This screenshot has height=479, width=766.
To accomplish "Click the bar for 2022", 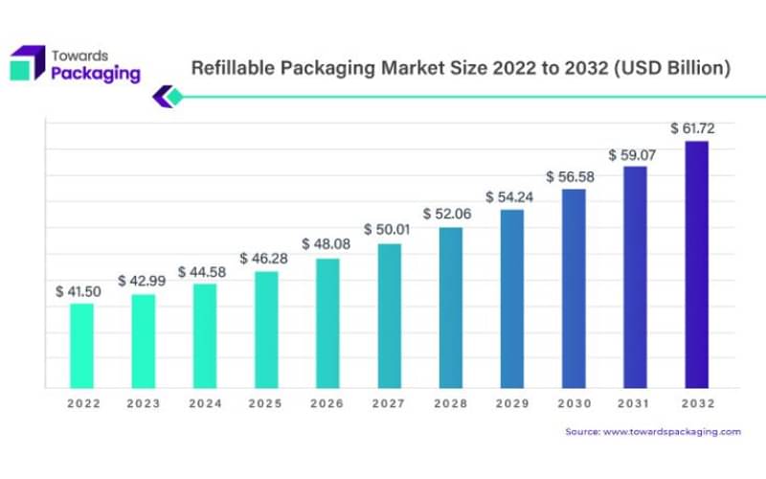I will point(82,346).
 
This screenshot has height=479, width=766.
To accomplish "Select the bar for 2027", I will point(390,316).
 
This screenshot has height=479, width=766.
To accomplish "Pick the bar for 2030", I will point(574,288).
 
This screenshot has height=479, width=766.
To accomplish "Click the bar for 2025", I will point(266,330).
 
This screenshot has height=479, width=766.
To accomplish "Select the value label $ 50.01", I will point(386,230).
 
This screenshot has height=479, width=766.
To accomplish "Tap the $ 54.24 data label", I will point(508,196).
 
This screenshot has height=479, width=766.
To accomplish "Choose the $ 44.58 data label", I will point(201,271).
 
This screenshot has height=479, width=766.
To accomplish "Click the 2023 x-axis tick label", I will point(144,404).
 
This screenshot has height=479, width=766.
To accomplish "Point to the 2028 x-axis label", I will point(451,404).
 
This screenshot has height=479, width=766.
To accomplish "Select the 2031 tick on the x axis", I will point(635,404).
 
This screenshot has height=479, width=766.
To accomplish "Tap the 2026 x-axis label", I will point(327,404).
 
